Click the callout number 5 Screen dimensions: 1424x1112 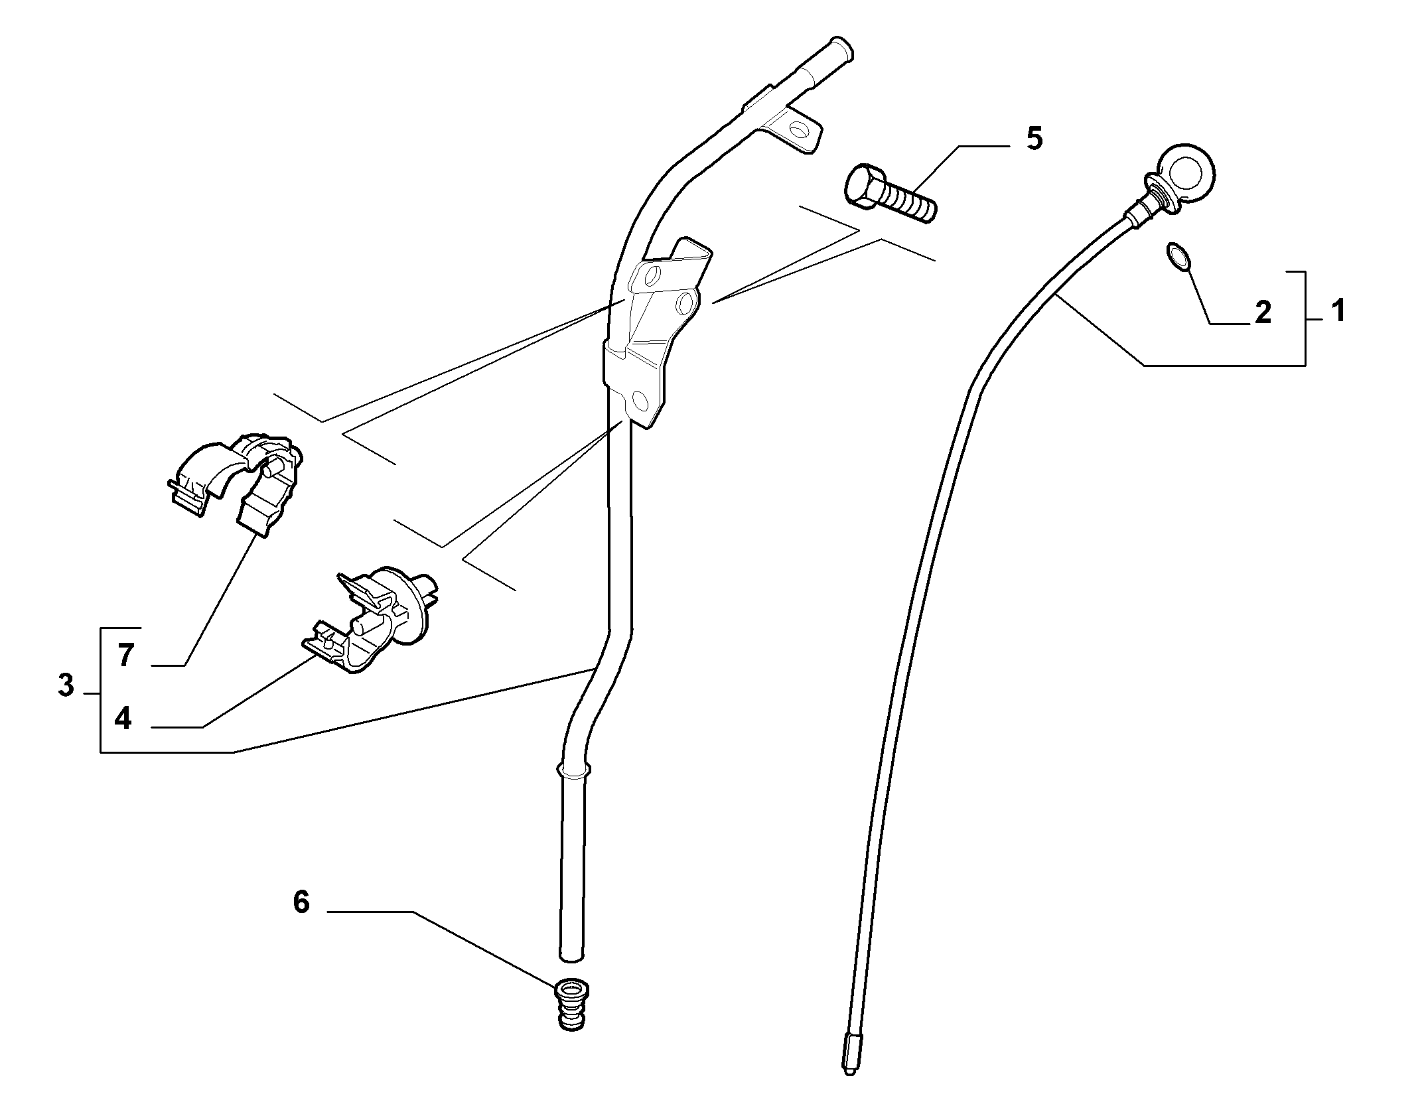[1034, 139]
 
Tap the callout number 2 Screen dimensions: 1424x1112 [1263, 312]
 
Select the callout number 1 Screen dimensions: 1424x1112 [1338, 311]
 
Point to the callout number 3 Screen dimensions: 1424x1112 [66, 685]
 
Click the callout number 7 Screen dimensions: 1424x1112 [126, 656]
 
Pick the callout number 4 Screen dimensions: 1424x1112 [123, 719]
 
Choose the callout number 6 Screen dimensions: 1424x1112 [301, 902]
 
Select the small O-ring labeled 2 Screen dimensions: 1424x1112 [1176, 257]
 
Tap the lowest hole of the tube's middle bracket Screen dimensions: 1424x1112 [640, 400]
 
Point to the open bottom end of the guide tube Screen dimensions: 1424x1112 [571, 956]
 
